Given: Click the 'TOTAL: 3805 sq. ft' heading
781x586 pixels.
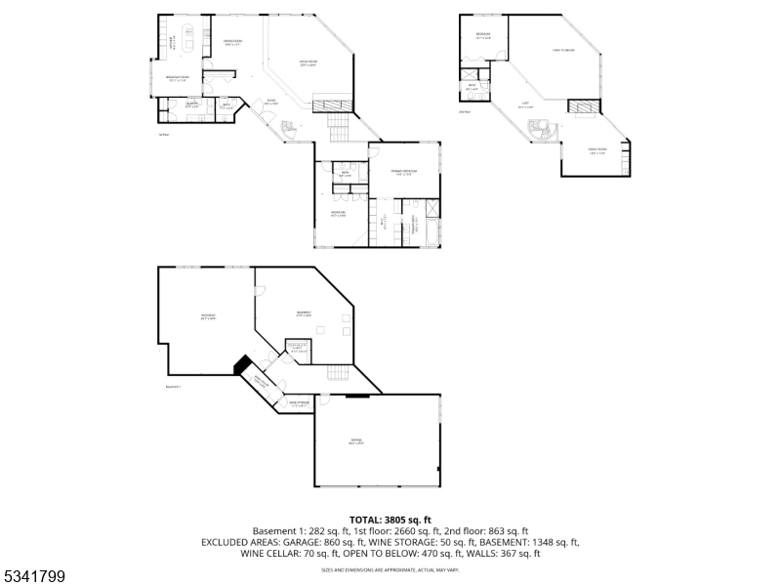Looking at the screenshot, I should click(x=390, y=520).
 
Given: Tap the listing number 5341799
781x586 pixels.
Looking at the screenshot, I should click(x=34, y=577).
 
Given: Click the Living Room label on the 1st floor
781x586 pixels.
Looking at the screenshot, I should click(x=308, y=63).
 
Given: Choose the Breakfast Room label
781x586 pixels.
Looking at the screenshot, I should click(x=177, y=79).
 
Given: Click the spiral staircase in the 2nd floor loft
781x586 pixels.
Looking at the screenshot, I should click(x=539, y=129).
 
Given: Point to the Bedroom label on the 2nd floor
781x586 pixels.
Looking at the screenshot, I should click(x=482, y=36).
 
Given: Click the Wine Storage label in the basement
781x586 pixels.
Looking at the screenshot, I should click(x=298, y=401).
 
